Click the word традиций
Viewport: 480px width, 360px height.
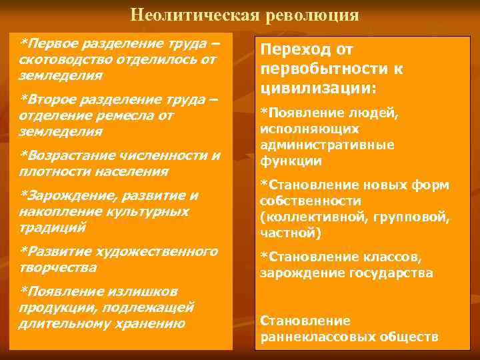(x=53, y=228)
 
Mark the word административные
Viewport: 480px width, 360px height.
(x=327, y=145)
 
